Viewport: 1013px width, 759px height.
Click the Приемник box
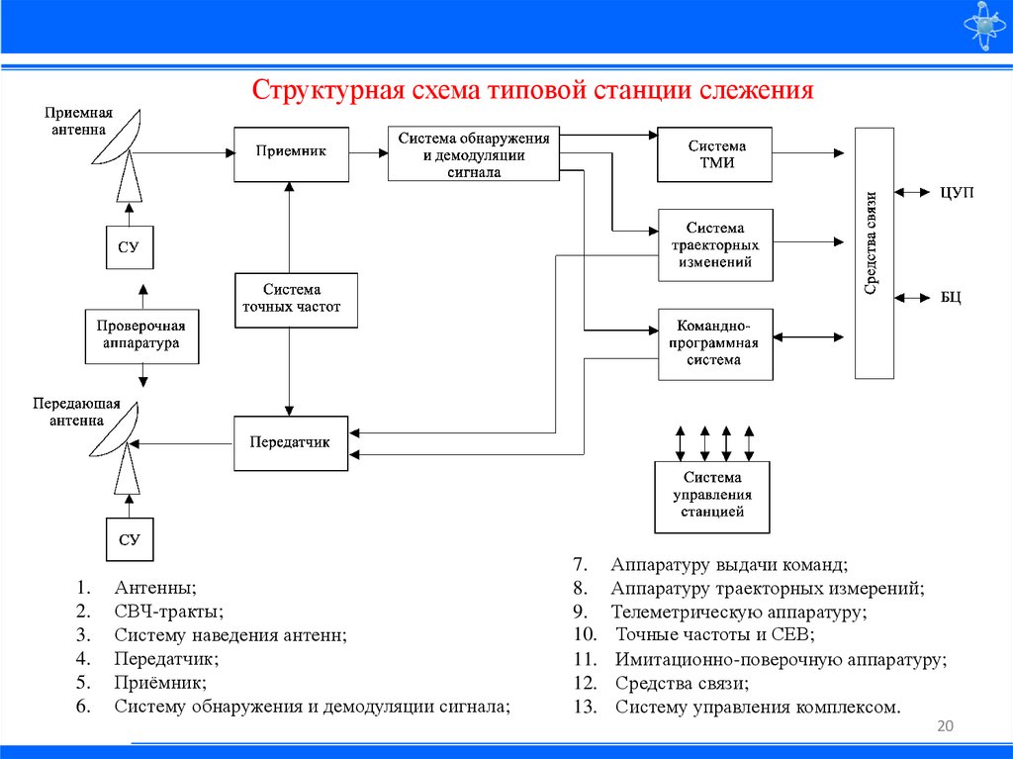tap(291, 153)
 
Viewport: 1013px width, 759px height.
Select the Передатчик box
tap(291, 442)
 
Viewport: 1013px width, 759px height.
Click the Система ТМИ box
tap(713, 153)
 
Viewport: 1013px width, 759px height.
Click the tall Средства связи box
tap(874, 252)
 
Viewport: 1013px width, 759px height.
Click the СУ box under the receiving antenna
tap(130, 247)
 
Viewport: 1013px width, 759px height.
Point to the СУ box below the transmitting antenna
tap(130, 539)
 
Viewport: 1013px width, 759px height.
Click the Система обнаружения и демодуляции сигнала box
tap(473, 153)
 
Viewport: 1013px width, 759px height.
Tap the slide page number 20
tap(944, 728)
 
